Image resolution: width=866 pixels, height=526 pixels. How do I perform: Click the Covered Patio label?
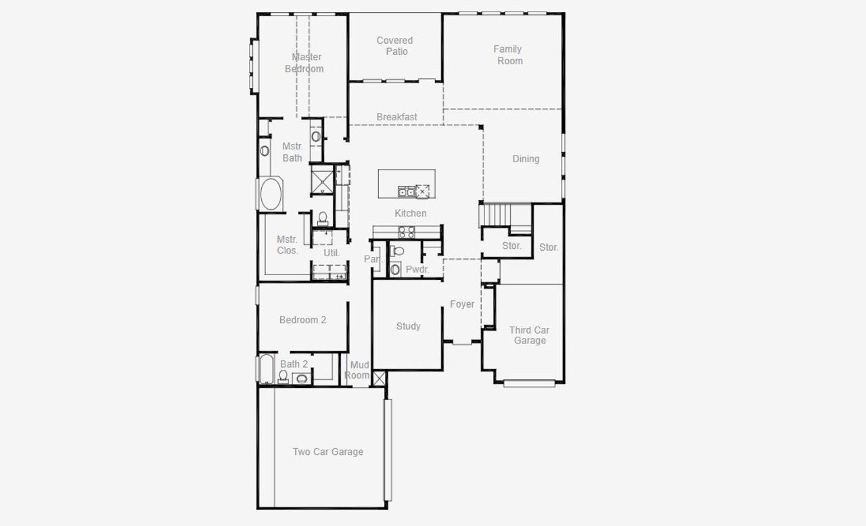395,46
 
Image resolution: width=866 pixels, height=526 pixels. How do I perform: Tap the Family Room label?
508,55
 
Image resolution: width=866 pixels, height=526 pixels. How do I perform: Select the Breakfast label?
396,117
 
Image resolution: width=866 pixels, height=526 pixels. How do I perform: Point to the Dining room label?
526,159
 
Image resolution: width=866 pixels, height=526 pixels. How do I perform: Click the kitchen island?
406,184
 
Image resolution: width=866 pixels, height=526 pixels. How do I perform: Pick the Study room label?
408,326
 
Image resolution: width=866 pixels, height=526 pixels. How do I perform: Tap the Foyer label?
462,304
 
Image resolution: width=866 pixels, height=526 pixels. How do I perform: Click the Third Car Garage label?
529,335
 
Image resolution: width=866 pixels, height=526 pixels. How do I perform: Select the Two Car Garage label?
327,452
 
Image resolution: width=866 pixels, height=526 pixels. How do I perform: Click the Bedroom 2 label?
302,320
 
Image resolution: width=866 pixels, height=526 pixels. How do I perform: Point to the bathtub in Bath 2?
266,369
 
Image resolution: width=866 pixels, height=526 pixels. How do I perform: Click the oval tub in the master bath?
270,194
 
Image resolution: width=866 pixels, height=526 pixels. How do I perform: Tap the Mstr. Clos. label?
288,245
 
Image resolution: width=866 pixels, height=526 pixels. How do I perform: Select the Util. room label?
331,253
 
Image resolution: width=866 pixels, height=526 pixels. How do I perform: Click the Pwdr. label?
417,269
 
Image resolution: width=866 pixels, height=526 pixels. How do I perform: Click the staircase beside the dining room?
497,215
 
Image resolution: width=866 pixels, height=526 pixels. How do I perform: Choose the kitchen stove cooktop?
407,232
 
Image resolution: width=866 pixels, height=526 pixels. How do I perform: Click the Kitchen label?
411,214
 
